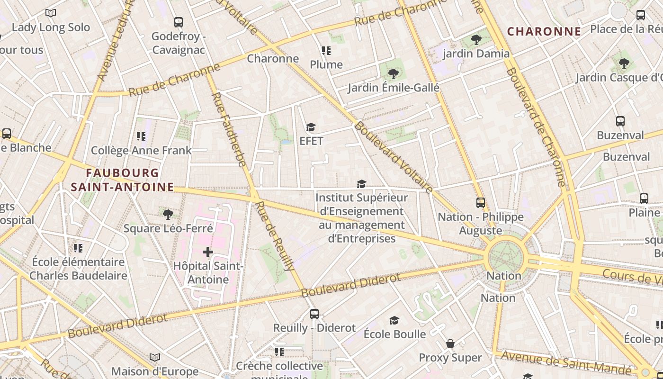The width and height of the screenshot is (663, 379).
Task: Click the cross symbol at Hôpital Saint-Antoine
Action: point(207,252)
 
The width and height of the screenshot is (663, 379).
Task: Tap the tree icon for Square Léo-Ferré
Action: point(168,215)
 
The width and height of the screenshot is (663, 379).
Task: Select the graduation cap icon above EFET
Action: point(311,127)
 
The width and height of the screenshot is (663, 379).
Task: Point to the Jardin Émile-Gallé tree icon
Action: point(393,74)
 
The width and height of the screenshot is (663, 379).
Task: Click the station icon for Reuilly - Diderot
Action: point(314,314)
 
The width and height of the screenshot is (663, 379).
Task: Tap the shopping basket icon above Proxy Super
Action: point(450,343)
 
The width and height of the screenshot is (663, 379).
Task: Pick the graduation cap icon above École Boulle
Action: point(394,321)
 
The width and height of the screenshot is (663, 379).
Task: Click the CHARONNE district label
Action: point(544,32)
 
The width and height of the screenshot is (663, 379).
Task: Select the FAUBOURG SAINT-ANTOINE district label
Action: point(122,180)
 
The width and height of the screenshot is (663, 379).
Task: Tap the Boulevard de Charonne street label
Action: point(536,127)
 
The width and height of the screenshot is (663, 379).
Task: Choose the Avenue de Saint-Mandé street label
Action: point(566,362)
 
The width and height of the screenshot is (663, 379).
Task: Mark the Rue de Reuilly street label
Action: point(275,236)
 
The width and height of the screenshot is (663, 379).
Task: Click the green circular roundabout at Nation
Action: point(506,258)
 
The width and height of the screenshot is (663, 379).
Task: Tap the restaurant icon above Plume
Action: point(326,50)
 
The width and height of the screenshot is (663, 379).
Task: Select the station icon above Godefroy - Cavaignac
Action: point(178,22)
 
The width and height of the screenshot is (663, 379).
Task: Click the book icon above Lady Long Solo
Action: point(51,13)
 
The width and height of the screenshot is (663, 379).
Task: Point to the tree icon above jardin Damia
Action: point(476,40)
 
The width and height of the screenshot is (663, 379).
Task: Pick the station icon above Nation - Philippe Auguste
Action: point(480,203)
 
